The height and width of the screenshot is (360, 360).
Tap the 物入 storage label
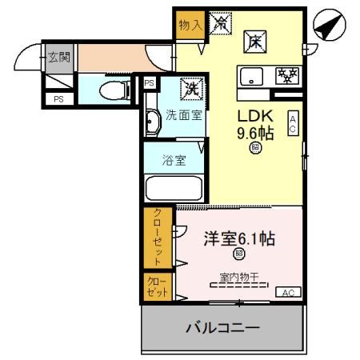(x=190, y=25)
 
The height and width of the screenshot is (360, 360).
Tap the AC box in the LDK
(x=294, y=122)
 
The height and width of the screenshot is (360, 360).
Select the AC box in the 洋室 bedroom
(x=288, y=293)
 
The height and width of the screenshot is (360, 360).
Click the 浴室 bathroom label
(x=174, y=159)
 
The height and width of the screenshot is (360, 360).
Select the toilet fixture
(x=114, y=88)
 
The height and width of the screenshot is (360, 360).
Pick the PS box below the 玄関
(x=58, y=98)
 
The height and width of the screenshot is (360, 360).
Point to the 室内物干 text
(x=239, y=278)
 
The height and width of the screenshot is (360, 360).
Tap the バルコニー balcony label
(x=222, y=328)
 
